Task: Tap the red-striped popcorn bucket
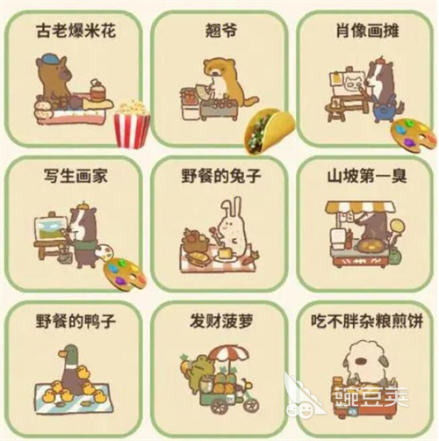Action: (x=131, y=124)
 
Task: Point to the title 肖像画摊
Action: (x=362, y=32)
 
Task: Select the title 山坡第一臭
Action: (x=362, y=175)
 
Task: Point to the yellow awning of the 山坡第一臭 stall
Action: (x=362, y=209)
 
